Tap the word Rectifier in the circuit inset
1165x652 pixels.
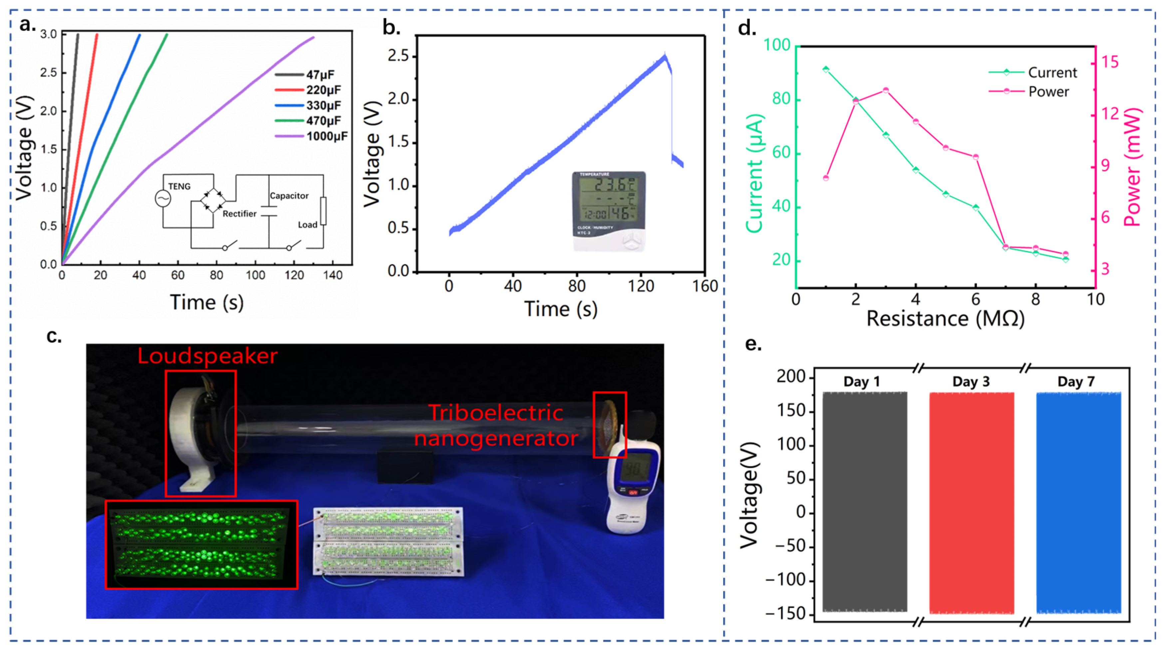[x=239, y=214]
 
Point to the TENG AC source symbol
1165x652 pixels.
[x=163, y=199]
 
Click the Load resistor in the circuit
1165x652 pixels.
[x=323, y=211]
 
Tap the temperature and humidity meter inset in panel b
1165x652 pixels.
[x=609, y=211]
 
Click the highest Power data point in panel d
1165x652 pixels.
[x=886, y=90]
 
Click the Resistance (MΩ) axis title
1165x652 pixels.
[x=945, y=319]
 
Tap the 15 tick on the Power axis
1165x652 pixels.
[x=1111, y=62]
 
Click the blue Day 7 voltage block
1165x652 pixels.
[x=1079, y=502]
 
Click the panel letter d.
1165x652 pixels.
[x=747, y=28]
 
